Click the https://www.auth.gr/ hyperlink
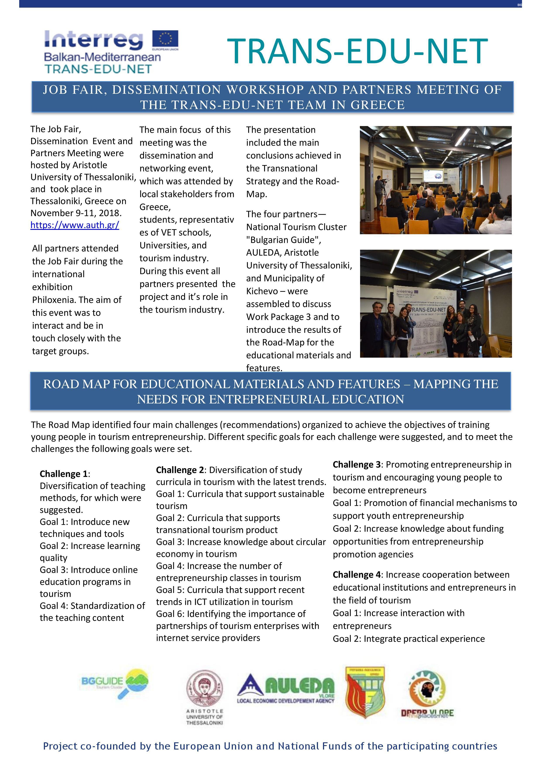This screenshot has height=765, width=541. point(75,225)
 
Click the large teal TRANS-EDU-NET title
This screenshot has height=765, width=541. point(357,51)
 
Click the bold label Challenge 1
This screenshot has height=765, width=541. point(64,474)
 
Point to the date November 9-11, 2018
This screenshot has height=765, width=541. point(76,213)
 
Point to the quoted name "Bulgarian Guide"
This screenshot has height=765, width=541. point(283,240)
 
